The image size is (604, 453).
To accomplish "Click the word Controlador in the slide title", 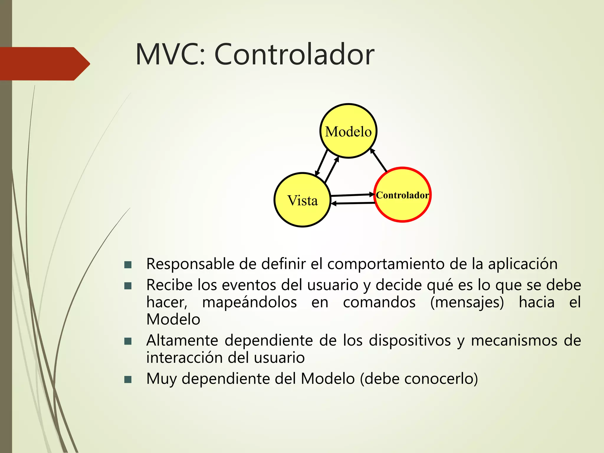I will click(x=294, y=55).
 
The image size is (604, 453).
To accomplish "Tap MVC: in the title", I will click(x=170, y=55).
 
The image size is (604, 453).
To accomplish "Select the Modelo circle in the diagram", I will click(x=348, y=131).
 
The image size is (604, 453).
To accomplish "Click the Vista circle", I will click(x=303, y=200).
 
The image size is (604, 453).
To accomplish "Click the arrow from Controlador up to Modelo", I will click(x=378, y=160).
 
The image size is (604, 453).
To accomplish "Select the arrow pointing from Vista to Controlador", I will click(x=352, y=195).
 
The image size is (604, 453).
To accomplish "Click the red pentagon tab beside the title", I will click(x=44, y=64).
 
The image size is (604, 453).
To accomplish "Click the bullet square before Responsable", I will click(x=128, y=265).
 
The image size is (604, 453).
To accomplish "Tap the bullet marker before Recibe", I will click(x=128, y=286).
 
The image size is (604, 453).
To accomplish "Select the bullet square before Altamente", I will click(x=128, y=341).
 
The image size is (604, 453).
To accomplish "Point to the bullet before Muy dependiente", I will click(x=128, y=379).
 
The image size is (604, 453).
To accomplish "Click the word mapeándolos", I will click(x=249, y=303).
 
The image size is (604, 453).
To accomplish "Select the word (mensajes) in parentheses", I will click(x=467, y=303).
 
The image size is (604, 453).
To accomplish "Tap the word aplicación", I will click(x=523, y=264).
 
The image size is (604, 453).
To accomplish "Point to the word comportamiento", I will click(x=386, y=264).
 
